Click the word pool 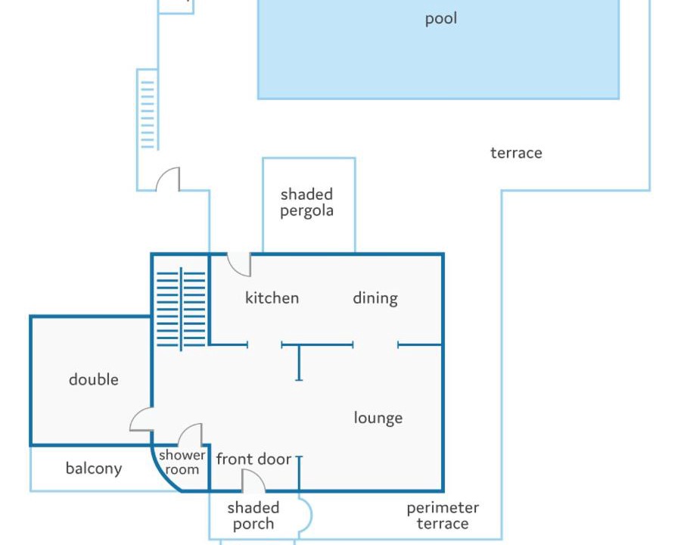tap(441, 19)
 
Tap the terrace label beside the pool tap(516, 153)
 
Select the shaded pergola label tap(306, 202)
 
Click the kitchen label tap(272, 298)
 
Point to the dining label tap(375, 299)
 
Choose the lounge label tap(378, 418)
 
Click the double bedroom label tap(93, 380)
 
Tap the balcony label tap(94, 469)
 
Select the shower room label tap(182, 462)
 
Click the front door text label tap(253, 459)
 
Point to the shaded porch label tap(253, 515)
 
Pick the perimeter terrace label tap(443, 515)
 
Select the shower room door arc tap(185, 430)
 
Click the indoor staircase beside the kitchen tap(181, 309)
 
